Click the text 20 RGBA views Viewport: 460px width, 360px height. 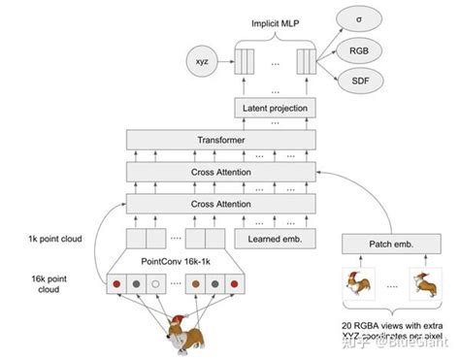coord(374,324)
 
